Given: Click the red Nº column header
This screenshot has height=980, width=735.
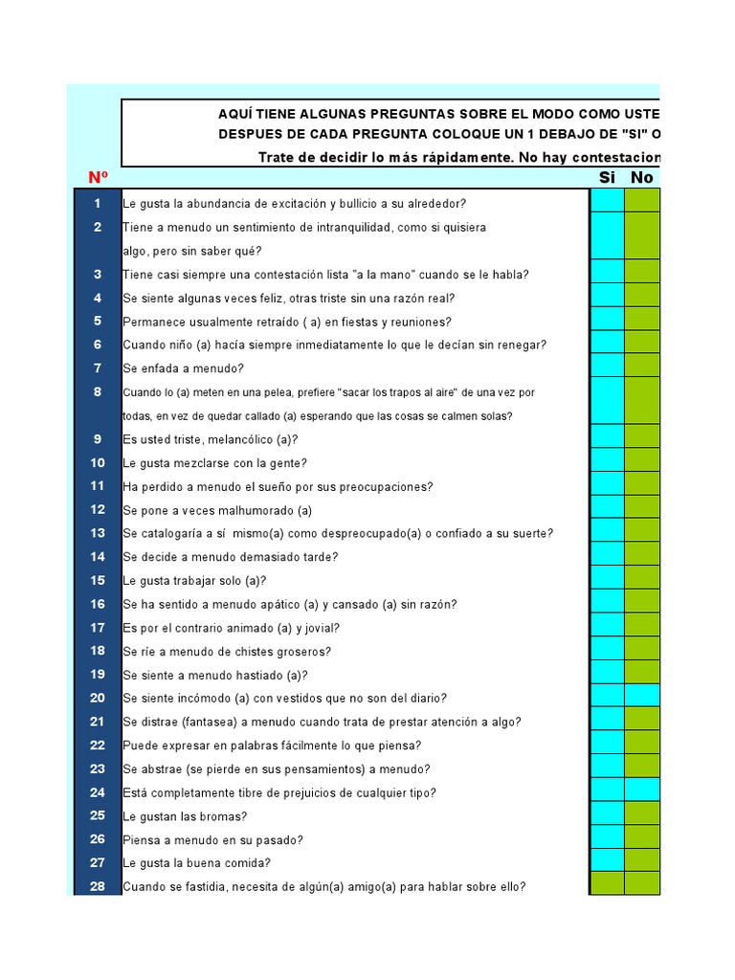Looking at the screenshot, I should [98, 177].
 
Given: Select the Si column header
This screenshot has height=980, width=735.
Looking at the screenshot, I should [607, 177].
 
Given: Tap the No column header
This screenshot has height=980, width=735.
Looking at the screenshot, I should [641, 177].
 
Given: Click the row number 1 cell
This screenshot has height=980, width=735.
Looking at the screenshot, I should [98, 203].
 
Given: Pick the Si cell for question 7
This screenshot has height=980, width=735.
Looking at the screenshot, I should [607, 368].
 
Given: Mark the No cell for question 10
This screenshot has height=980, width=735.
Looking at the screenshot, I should [642, 462].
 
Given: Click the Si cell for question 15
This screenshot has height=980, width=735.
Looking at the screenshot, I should [607, 580].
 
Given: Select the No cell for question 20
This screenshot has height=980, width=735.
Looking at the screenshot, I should [642, 698].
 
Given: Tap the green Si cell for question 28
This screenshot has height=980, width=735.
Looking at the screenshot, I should [607, 886].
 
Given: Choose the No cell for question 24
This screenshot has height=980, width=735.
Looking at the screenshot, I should [642, 792].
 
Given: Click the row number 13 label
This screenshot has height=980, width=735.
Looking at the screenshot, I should [98, 533].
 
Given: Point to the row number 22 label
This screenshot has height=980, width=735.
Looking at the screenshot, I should [98, 745].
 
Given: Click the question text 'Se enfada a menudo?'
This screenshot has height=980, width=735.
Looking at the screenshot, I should [183, 368].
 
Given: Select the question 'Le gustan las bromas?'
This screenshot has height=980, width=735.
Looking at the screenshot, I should [185, 816].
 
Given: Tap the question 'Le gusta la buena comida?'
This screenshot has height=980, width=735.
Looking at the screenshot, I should [196, 863].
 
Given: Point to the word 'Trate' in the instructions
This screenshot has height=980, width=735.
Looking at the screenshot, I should [278, 157].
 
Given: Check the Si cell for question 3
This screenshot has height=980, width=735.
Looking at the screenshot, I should [607, 274].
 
